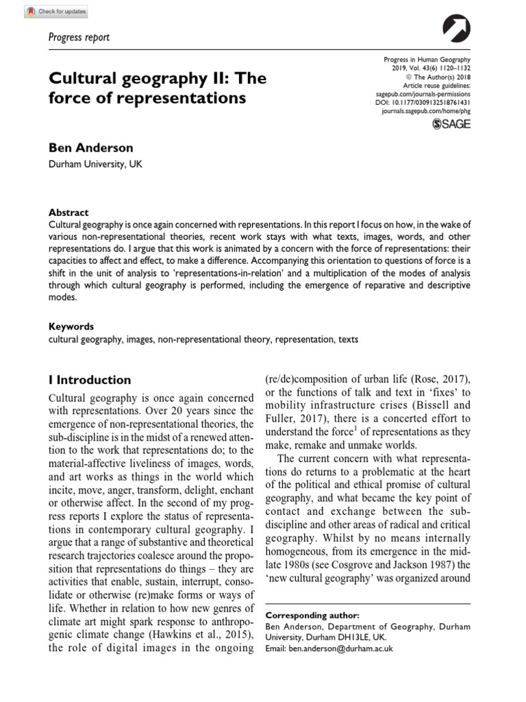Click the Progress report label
(x=79, y=37)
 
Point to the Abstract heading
(x=68, y=213)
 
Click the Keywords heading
(x=71, y=326)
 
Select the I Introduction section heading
(x=89, y=380)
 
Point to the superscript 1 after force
(x=342, y=428)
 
